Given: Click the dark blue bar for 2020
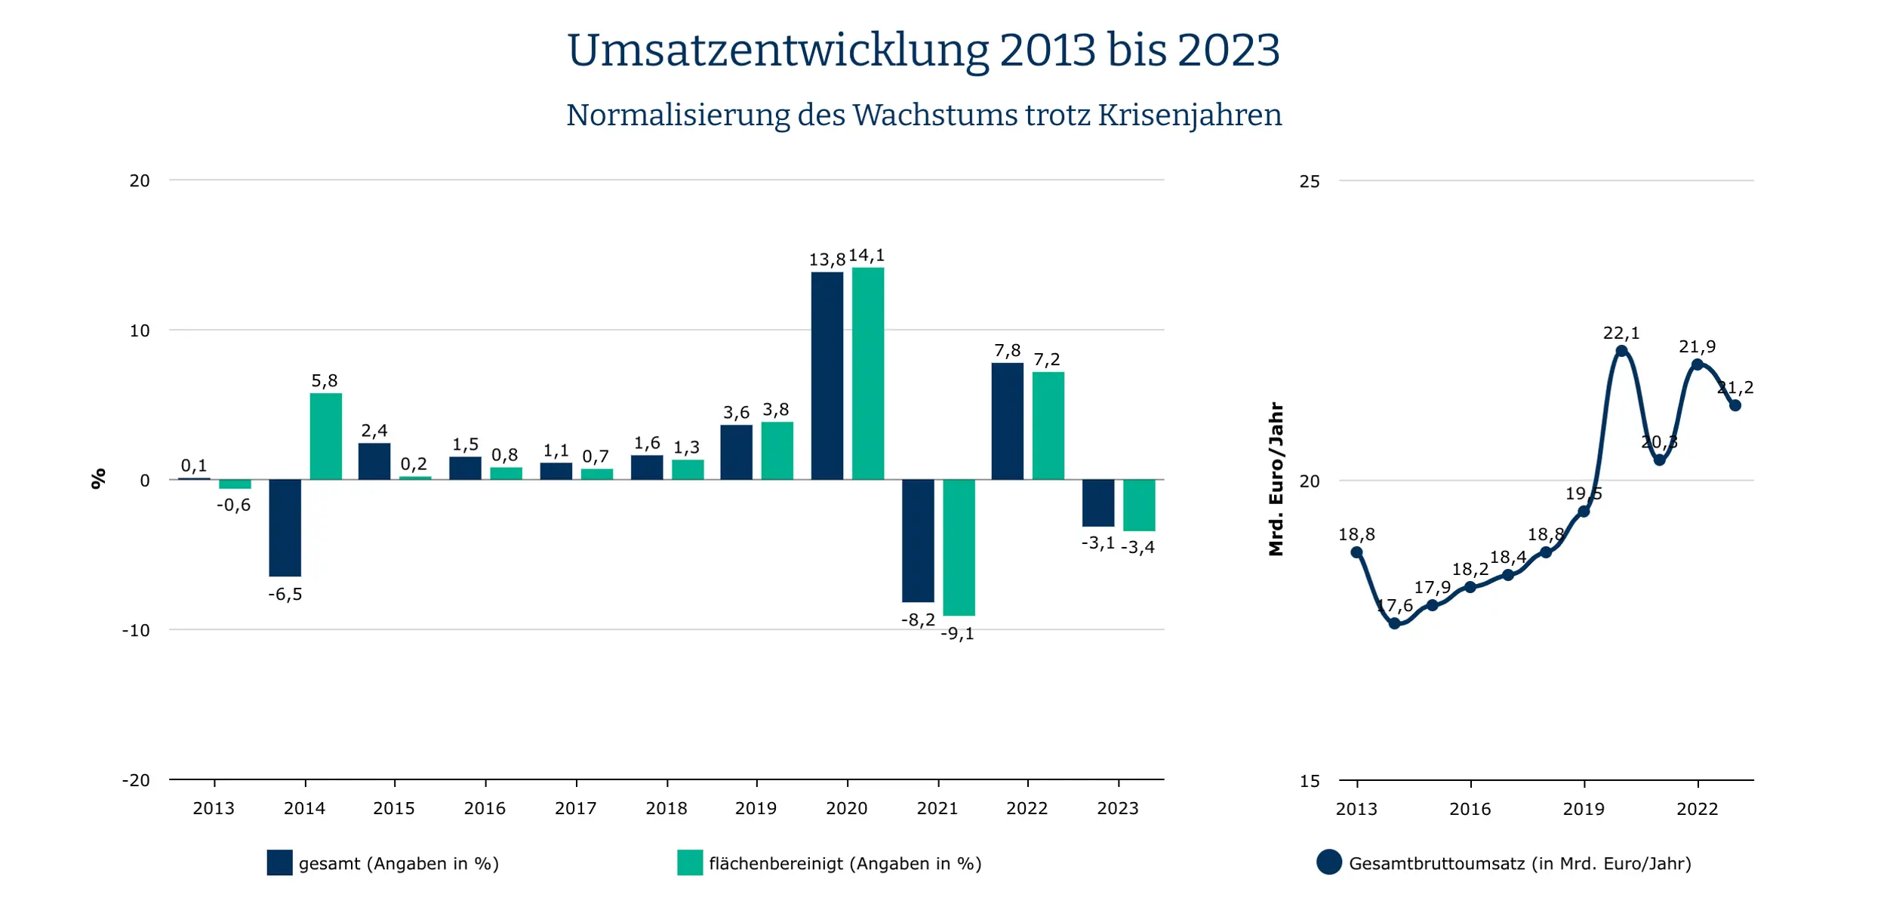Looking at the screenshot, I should click(x=827, y=375).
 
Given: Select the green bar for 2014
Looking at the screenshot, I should click(x=325, y=436).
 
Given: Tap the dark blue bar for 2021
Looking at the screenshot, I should click(x=918, y=540).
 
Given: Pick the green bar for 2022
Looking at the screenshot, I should click(x=1048, y=426).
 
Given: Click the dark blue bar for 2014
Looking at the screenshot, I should click(x=285, y=527).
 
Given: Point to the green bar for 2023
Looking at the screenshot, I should click(x=1138, y=505).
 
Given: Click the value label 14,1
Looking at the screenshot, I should click(x=866, y=256).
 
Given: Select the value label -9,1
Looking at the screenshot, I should click(x=957, y=634).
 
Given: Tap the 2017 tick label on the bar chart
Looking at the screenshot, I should click(x=575, y=808).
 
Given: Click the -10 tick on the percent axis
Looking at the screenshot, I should click(x=136, y=630).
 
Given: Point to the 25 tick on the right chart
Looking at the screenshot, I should click(x=1310, y=182).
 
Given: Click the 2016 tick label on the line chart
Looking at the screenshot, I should click(x=1470, y=809).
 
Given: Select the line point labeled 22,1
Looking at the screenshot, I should click(x=1621, y=351).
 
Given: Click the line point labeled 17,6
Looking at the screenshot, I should click(x=1394, y=623).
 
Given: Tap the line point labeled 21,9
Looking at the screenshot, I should click(x=1698, y=364).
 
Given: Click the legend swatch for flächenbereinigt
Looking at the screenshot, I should click(x=690, y=862).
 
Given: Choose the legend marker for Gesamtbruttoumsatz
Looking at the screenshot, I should click(x=1329, y=862).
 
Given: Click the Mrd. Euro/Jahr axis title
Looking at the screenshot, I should click(x=1276, y=479).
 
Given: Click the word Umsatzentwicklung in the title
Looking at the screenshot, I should click(x=777, y=51).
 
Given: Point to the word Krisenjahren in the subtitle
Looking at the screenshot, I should click(x=1190, y=115).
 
